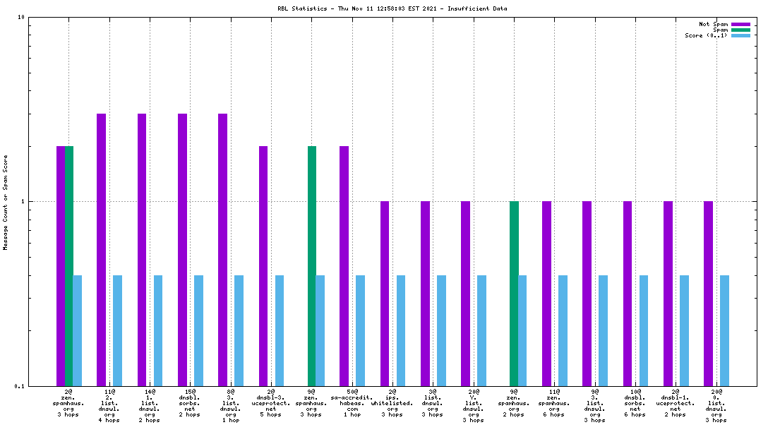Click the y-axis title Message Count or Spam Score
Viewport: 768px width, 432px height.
click(6, 203)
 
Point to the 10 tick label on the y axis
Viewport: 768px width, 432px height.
click(21, 17)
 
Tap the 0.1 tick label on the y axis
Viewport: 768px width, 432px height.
click(20, 386)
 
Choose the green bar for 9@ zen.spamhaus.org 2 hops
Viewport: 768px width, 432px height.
click(514, 293)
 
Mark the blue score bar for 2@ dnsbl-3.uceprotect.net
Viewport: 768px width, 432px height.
click(280, 330)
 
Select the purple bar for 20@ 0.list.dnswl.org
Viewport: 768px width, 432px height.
click(708, 293)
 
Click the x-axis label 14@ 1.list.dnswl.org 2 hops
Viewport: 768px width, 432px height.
click(150, 405)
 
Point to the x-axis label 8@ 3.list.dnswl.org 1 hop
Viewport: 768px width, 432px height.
click(231, 405)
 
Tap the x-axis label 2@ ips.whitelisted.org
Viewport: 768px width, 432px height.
click(392, 402)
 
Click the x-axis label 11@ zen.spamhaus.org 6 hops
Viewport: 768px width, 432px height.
click(555, 402)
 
